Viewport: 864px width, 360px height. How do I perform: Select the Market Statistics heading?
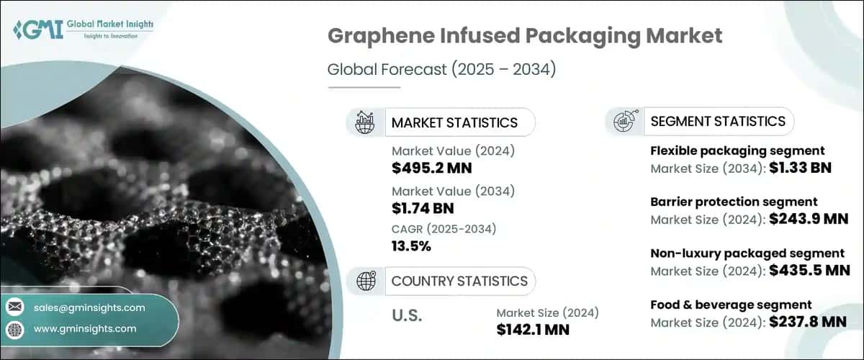pyautogui.click(x=454, y=122)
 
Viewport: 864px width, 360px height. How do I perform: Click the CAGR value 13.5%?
pyautogui.click(x=411, y=246)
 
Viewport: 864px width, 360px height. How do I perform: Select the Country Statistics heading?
pyautogui.click(x=459, y=281)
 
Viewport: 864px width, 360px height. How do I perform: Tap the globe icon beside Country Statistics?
pyautogui.click(x=366, y=281)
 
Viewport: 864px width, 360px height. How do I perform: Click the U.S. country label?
pyautogui.click(x=407, y=315)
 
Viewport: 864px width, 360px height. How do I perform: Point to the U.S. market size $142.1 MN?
pyautogui.click(x=534, y=330)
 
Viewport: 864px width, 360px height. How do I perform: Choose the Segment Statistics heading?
pyautogui.click(x=718, y=121)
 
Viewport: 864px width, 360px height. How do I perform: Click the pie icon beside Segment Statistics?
pyautogui.click(x=624, y=121)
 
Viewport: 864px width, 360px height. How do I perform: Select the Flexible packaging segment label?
pyautogui.click(x=737, y=150)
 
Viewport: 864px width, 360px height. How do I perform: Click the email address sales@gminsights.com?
pyautogui.click(x=89, y=307)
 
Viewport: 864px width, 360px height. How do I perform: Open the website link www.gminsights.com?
pyautogui.click(x=85, y=328)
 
